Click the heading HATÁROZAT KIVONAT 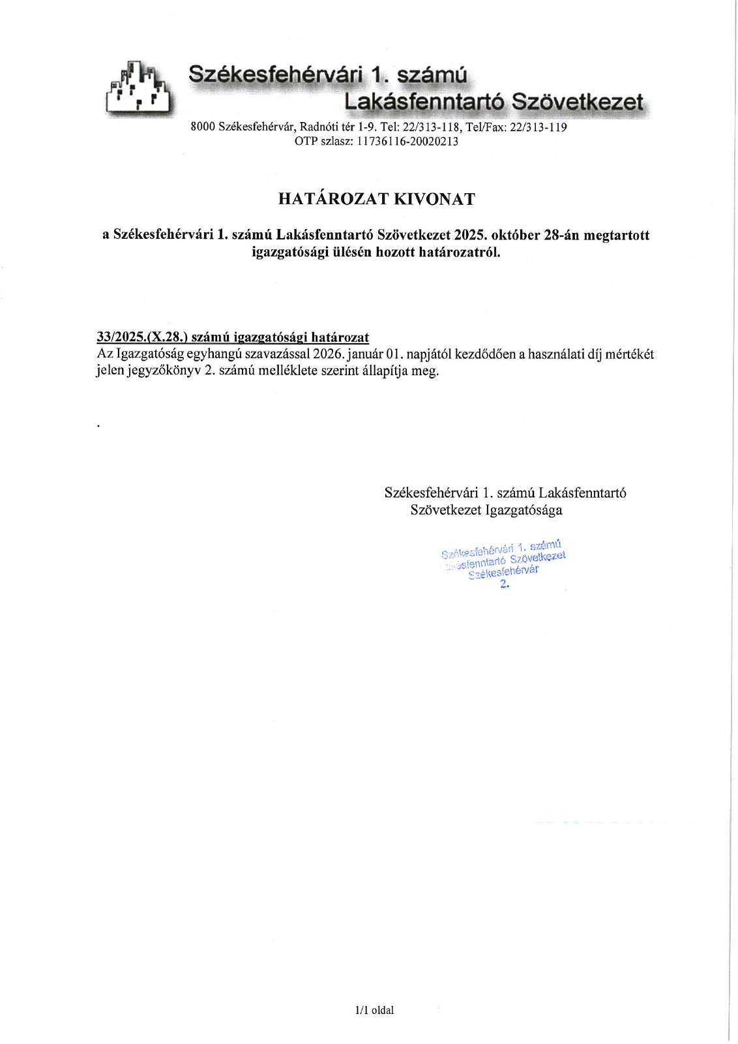click(376, 199)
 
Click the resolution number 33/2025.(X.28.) click(142, 337)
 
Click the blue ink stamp click(504, 563)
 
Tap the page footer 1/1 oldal click(375, 1010)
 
